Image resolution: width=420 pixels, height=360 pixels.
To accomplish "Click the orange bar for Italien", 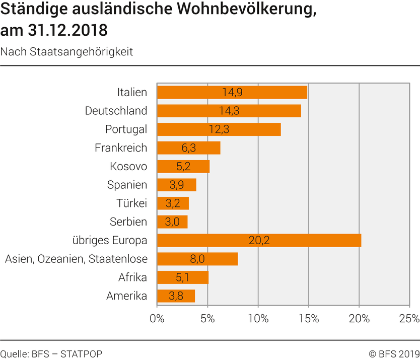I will (x=232, y=92).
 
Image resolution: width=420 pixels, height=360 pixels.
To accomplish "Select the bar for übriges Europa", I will (x=259, y=240).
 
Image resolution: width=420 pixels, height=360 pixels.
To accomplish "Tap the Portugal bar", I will (x=219, y=129).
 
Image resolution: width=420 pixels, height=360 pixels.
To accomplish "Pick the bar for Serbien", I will (x=172, y=222).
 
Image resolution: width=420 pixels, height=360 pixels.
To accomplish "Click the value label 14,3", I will (x=229, y=111).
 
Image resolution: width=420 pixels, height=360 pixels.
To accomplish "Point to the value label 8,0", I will (x=197, y=259).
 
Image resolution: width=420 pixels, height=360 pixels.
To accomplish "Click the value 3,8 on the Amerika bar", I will (x=176, y=296).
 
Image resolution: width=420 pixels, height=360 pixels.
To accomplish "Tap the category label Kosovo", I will (x=128, y=167).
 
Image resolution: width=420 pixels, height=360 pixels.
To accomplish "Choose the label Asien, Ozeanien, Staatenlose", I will (x=76, y=259).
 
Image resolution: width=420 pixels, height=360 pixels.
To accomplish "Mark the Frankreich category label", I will (x=121, y=148).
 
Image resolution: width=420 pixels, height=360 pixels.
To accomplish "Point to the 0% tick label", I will (x=157, y=319).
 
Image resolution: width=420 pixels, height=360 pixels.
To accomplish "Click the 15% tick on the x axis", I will (x=308, y=319).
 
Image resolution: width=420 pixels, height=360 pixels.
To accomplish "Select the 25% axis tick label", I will (x=409, y=319).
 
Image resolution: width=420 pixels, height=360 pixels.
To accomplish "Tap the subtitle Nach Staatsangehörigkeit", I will (x=67, y=52).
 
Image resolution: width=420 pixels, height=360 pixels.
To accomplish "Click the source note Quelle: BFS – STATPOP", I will (x=51, y=353).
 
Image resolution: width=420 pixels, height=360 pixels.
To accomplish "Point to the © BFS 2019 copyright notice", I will (x=394, y=353).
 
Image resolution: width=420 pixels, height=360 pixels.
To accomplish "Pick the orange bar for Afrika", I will (x=182, y=277).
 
